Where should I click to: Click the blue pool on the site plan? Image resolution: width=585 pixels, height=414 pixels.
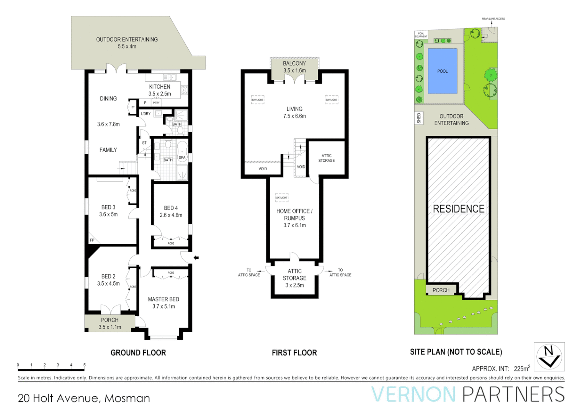(442, 71)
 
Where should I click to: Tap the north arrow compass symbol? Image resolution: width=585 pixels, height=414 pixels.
(549, 356)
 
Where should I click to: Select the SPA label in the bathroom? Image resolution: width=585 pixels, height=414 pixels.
(182, 158)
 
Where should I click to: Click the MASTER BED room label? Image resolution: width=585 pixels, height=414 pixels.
(163, 299)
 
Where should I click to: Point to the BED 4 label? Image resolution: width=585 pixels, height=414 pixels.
(171, 208)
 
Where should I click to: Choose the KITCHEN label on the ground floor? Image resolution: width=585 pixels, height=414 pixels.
(160, 87)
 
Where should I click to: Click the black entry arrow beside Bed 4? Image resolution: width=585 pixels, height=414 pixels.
(196, 258)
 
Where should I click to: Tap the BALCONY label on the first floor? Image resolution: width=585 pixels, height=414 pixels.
(294, 64)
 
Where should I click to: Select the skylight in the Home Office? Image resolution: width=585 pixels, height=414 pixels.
(282, 198)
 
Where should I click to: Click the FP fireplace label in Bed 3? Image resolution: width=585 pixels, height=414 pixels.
(92, 240)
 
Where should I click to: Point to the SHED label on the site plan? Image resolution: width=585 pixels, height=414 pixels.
(419, 118)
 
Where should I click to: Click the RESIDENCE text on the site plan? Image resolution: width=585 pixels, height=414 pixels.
(458, 209)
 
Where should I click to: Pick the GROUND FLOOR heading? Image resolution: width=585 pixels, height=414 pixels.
(138, 353)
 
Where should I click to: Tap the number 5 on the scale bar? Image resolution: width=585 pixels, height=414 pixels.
(85, 365)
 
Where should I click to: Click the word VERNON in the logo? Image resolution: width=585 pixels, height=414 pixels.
(413, 394)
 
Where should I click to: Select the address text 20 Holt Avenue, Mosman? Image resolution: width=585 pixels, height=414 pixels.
(84, 398)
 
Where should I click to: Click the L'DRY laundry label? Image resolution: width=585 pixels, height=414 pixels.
(145, 114)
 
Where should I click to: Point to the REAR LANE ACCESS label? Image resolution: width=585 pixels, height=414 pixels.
(493, 19)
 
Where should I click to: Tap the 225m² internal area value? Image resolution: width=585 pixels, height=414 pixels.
(521, 368)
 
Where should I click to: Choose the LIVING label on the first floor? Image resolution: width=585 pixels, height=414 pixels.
(294, 109)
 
